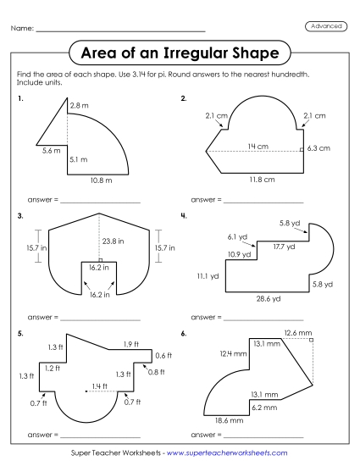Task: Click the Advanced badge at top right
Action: pyautogui.click(x=324, y=26)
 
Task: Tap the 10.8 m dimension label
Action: pyautogui.click(x=102, y=180)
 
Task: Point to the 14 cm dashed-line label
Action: pyautogui.click(x=253, y=147)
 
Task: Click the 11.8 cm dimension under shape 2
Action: pyautogui.click(x=262, y=180)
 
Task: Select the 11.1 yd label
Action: pyautogui.click(x=208, y=275)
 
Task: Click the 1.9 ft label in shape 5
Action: pyautogui.click(x=130, y=343)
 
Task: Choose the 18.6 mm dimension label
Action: pyautogui.click(x=230, y=419)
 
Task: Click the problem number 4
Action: pyautogui.click(x=183, y=215)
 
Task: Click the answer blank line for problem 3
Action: pyautogui.click(x=100, y=319)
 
